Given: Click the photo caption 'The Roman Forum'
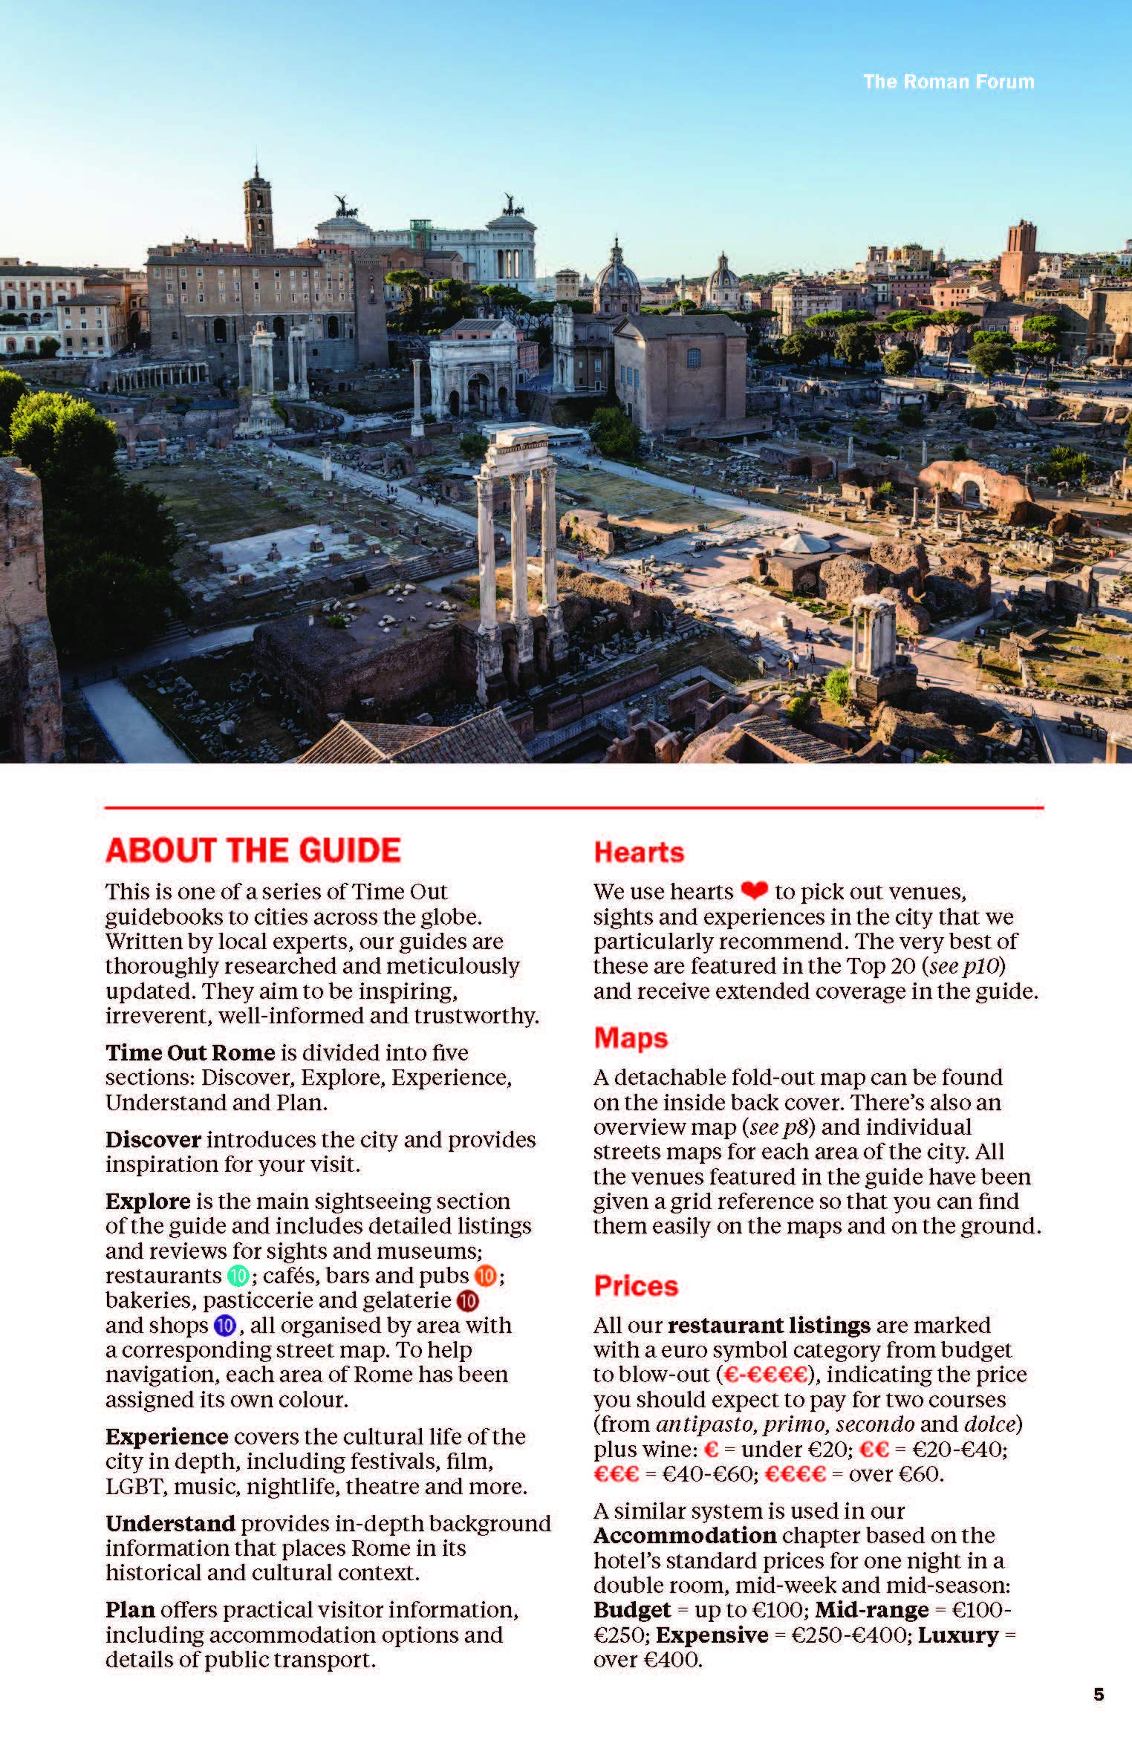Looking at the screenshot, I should click(948, 82).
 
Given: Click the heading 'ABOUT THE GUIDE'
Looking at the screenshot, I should click(253, 851).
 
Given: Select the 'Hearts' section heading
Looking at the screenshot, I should click(639, 853).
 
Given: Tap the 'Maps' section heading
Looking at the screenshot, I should click(631, 1037).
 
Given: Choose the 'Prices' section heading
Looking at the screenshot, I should click(636, 1285).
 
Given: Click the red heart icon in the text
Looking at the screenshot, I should click(754, 890).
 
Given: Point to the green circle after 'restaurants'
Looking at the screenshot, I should click(238, 1276).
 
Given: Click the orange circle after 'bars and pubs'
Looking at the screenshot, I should click(485, 1276).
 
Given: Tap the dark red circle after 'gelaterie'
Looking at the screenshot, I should click(467, 1301).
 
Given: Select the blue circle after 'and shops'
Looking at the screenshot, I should click(224, 1326).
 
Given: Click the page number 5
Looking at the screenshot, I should click(1099, 1694).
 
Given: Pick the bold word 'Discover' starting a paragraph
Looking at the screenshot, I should click(153, 1139).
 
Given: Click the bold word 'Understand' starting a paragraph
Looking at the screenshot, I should click(170, 1523).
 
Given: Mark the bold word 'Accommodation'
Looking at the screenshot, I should click(684, 1536).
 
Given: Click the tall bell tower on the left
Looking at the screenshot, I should click(258, 210).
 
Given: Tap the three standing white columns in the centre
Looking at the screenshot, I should click(517, 535).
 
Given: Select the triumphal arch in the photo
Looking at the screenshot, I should click(473, 378).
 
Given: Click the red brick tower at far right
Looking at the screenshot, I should click(1018, 256).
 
